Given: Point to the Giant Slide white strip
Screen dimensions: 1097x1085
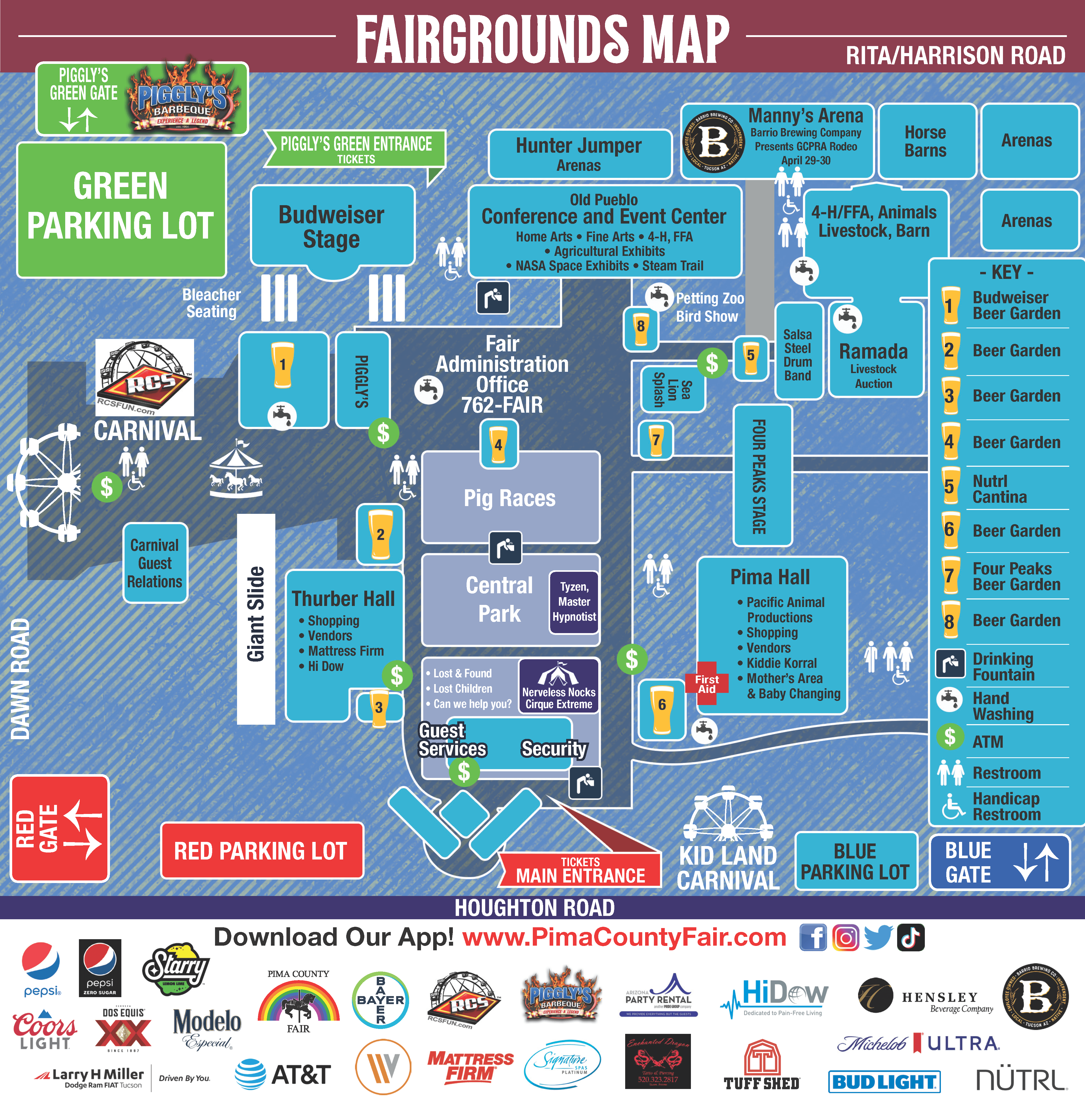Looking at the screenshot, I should click(x=255, y=619).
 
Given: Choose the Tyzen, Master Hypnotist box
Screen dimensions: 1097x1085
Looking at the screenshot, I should click(x=574, y=602).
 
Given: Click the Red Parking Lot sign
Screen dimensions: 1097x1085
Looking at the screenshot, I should click(x=261, y=851).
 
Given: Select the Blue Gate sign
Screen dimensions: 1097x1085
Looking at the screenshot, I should click(x=999, y=862).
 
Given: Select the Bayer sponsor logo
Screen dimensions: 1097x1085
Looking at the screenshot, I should click(x=380, y=1000).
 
